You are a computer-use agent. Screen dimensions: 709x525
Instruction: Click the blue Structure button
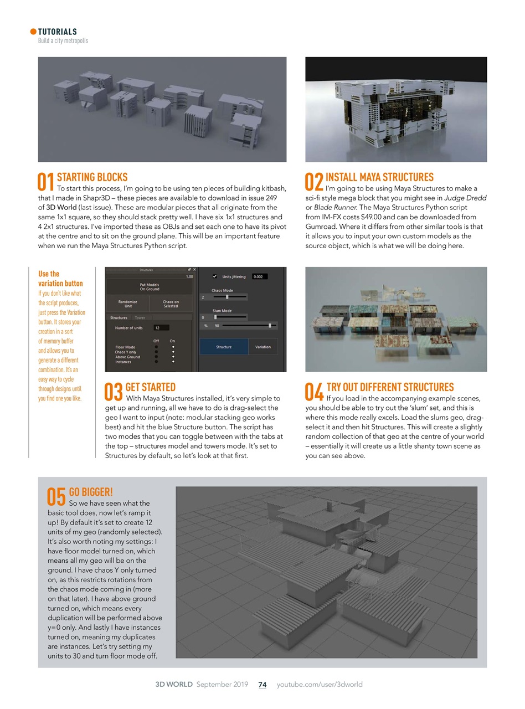pos(224,347)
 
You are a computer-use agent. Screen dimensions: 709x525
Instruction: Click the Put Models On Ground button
pos(150,287)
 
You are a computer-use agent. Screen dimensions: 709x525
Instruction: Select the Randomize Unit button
pos(128,304)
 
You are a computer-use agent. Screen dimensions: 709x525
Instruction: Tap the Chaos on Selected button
pos(171,304)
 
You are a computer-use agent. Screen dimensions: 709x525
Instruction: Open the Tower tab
pos(140,318)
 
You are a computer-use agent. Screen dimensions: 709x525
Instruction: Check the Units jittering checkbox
pos(215,276)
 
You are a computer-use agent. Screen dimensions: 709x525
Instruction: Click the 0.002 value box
pos(259,276)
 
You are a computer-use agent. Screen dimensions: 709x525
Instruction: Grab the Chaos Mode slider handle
pos(227,297)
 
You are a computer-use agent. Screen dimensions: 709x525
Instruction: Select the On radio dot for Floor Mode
pos(173,347)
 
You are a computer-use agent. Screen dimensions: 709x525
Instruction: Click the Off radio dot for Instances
pos(156,362)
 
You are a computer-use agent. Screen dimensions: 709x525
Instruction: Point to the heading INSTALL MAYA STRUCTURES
pos(379,177)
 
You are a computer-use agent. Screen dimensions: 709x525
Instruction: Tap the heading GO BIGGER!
pos(91,492)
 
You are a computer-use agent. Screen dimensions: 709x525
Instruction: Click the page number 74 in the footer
pos(262,685)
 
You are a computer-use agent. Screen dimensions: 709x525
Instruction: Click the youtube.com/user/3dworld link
pos(320,685)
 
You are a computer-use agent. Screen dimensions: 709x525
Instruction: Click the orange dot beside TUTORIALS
pos(33,32)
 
